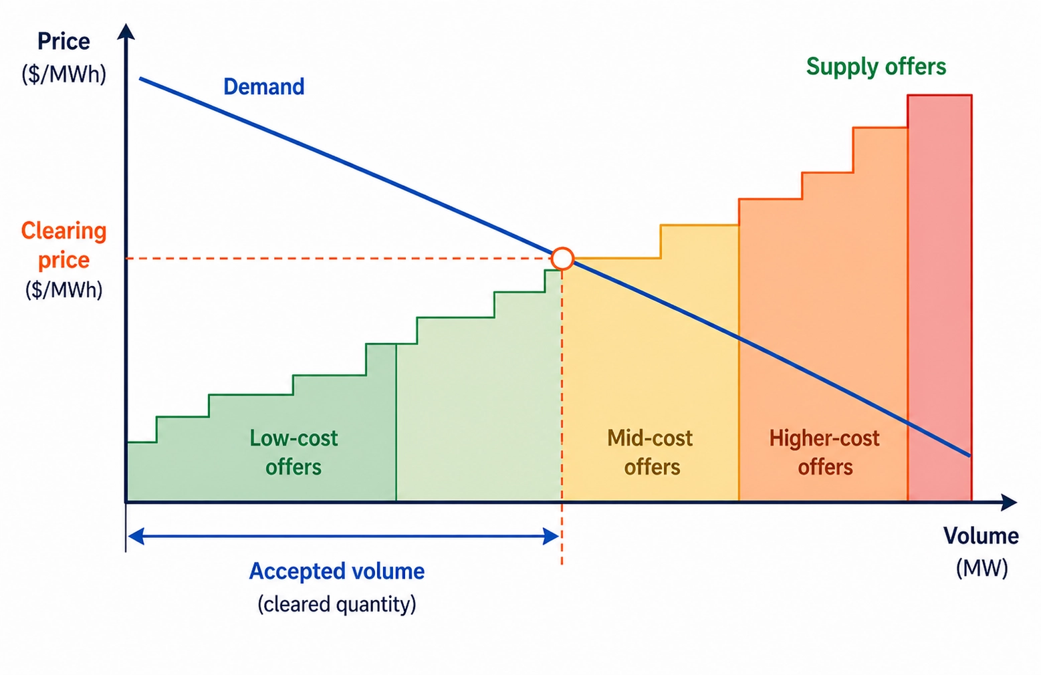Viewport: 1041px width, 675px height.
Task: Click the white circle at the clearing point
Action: pyautogui.click(x=562, y=258)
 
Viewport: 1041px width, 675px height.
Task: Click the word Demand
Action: pyautogui.click(x=263, y=87)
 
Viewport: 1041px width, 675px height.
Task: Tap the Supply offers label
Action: pyautogui.click(x=876, y=67)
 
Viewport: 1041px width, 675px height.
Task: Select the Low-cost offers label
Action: pyautogui.click(x=294, y=452)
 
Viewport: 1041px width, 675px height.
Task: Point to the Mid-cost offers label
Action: pyautogui.click(x=651, y=452)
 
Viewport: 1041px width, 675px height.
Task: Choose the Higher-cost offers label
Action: pyautogui.click(x=824, y=452)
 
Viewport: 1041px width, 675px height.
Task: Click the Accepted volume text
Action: pyautogui.click(x=336, y=571)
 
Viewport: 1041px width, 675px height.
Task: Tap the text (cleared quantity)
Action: pyautogui.click(x=336, y=604)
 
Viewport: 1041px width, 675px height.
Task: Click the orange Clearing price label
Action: pyautogui.click(x=64, y=245)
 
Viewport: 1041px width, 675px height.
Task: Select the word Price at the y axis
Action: pyautogui.click(x=64, y=41)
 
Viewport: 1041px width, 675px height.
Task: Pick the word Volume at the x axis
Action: pyautogui.click(x=981, y=536)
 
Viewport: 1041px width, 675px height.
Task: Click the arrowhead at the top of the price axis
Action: pyautogui.click(x=126, y=31)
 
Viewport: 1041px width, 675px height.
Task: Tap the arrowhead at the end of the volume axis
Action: pyautogui.click(x=1010, y=502)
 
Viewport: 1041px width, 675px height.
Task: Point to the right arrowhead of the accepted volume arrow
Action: pyautogui.click(x=551, y=536)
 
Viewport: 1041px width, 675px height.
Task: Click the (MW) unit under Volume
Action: pyautogui.click(x=981, y=568)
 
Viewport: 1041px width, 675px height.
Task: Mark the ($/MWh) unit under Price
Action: pyautogui.click(x=64, y=74)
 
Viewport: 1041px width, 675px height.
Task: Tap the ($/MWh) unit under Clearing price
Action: pyautogui.click(x=64, y=290)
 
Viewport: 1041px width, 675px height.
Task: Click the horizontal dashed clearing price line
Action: pyautogui.click(x=334, y=258)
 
